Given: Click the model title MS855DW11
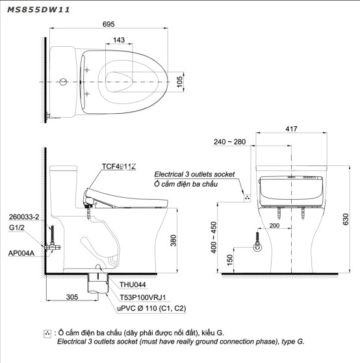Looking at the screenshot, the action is pos(38,10).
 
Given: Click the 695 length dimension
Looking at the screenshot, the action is pos(109,24).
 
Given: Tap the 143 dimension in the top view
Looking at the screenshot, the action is pos(119,40).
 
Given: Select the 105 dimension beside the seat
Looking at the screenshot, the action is pos(179,82).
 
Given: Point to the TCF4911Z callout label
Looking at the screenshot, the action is pos(119,167).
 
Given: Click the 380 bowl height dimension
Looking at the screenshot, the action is pos(174,240).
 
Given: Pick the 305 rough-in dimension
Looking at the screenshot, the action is pos(72,297).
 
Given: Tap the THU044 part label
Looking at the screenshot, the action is pos(133,284).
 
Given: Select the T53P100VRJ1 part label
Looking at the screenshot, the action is pos(143,297).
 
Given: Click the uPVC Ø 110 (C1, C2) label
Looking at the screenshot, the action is pos(151,308).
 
